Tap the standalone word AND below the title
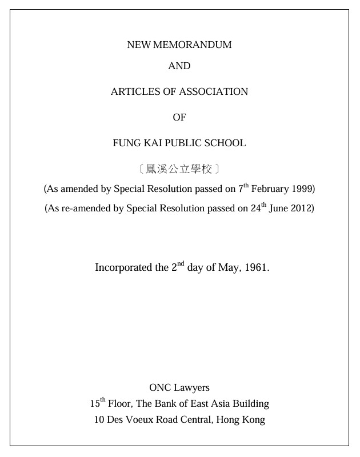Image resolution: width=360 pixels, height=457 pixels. tap(179, 66)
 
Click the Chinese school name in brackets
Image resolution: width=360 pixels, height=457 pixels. tap(179, 169)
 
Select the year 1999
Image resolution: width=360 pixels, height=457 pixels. tap(302, 189)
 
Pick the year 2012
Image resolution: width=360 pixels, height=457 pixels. tap(302, 208)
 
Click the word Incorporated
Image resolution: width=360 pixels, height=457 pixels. tap(122, 267)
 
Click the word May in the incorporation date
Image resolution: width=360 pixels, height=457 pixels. tap(229, 267)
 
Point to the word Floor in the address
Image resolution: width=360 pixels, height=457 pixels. tap(120, 404)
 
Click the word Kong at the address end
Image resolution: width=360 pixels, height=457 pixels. tap(254, 420)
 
